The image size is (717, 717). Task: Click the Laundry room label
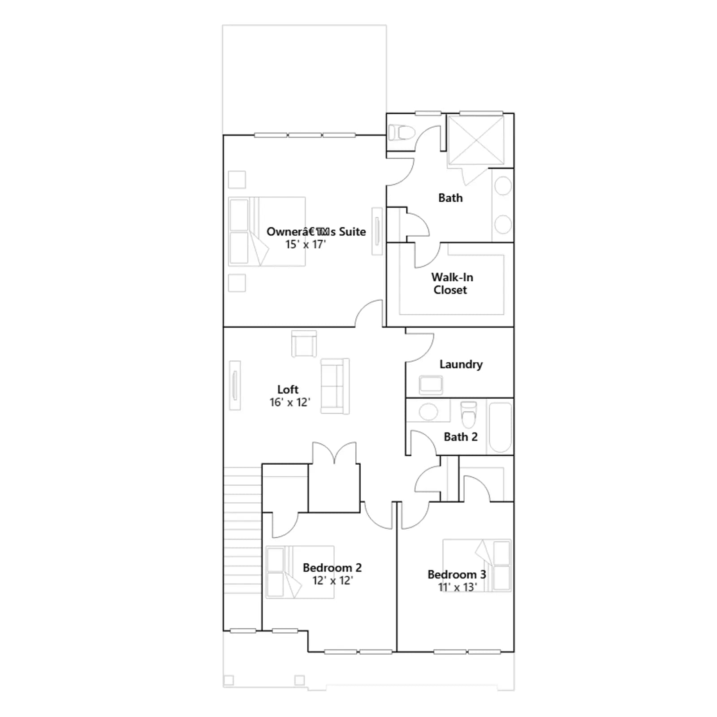461,364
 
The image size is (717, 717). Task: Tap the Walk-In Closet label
452,284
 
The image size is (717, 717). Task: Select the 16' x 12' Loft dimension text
289,402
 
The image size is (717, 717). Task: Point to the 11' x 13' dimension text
457,587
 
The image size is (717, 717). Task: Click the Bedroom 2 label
332,568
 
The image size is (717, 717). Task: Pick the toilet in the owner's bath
401,133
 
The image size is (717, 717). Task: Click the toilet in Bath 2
468,415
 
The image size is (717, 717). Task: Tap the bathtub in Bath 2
500,427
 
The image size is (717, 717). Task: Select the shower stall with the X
476,140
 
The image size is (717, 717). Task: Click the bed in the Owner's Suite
267,232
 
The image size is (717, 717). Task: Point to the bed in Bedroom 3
477,565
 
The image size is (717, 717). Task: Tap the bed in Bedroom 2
300,572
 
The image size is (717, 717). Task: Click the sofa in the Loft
335,386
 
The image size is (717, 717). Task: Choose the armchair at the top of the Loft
304,344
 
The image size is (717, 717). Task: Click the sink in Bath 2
428,411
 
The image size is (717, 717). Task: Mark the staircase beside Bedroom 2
242,549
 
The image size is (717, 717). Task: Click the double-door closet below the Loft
334,488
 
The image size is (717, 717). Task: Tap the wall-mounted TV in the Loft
235,385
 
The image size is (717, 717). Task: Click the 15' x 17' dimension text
306,245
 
